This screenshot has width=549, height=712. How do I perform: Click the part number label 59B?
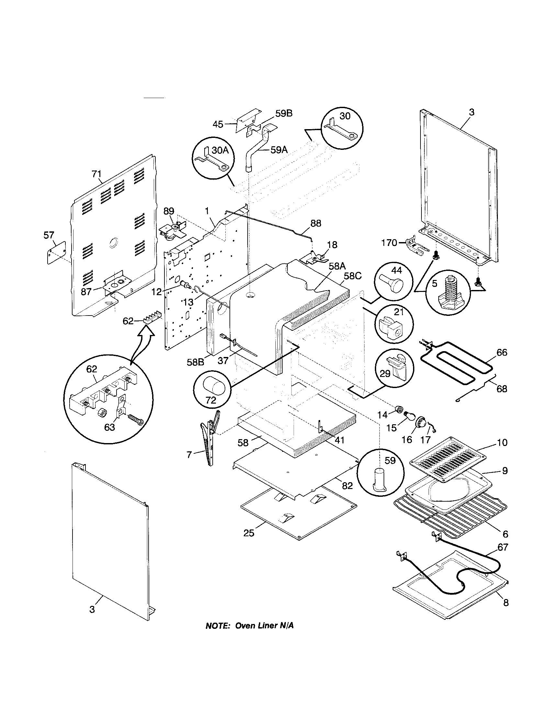coord(284,114)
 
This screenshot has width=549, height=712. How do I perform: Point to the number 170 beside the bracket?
coord(389,242)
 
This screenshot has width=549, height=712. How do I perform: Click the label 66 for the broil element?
coord(502,352)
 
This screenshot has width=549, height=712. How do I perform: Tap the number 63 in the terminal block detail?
coord(109,427)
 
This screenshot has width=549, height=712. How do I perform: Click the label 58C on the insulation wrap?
coord(353,276)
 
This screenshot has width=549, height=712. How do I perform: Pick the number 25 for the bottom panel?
coord(249,533)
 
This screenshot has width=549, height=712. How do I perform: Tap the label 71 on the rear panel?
coord(96,174)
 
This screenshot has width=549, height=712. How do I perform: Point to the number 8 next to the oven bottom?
coord(506,603)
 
